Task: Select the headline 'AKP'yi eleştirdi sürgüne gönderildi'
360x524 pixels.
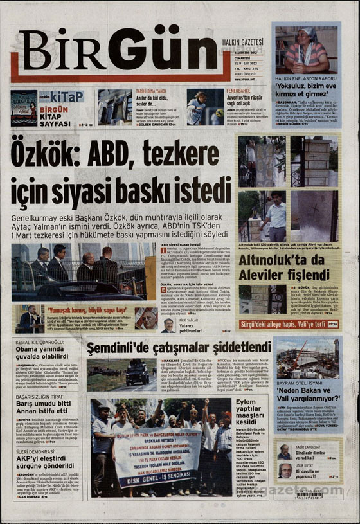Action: coord(40,460)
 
